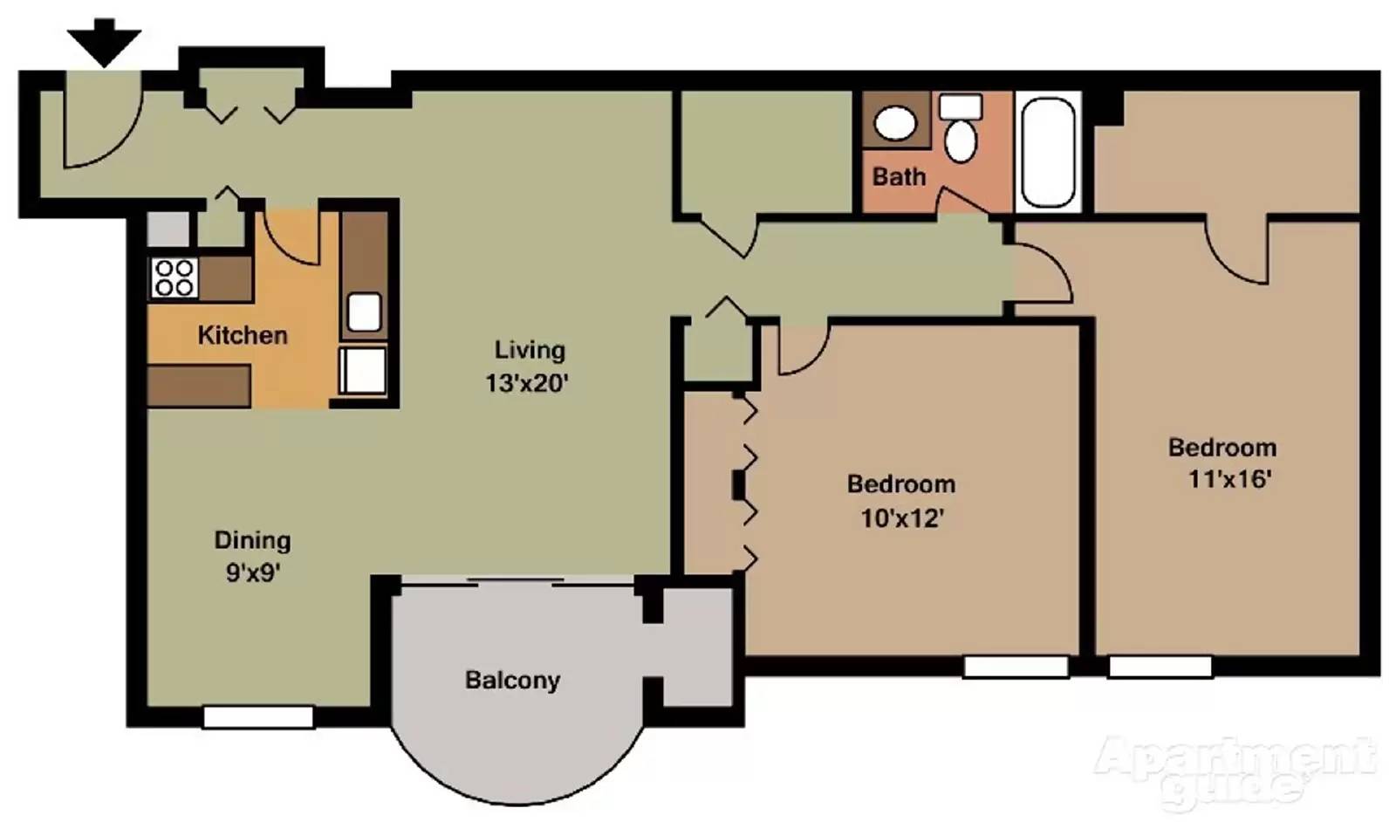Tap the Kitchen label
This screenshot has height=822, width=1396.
coord(242,335)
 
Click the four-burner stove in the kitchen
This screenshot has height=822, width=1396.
coord(174,278)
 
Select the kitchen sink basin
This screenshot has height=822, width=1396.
coord(364,312)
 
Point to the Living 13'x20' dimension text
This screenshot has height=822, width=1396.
coord(528,383)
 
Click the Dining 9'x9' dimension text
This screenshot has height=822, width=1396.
coord(252,573)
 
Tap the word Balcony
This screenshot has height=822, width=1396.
coord(512,680)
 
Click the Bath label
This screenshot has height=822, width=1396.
coord(899,176)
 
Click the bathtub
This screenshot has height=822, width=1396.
coord(1048,152)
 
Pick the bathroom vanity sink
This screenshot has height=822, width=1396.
coord(895,123)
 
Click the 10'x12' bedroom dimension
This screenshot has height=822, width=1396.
coord(902,518)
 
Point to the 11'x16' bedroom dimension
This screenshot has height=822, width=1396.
coord(1229,479)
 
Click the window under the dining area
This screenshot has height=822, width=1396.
coord(258,717)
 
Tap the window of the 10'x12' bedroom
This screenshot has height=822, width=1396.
coord(1016,668)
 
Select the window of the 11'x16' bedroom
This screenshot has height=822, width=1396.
coord(1160,668)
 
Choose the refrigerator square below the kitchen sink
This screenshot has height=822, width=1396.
coord(364,370)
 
